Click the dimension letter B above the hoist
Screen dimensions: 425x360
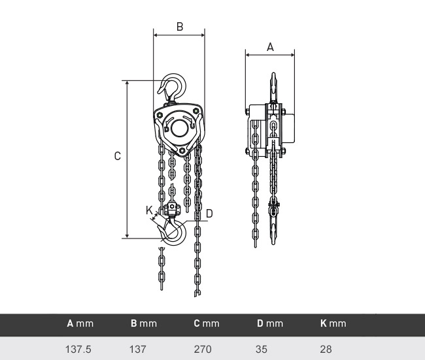[180, 27]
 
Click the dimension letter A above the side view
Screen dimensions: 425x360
[270, 47]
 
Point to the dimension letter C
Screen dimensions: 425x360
[117, 156]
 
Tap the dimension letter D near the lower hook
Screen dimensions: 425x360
[209, 214]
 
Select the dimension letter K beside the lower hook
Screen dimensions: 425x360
[149, 210]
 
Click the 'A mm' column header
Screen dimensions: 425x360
[80, 323]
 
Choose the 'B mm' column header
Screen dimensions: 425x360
[144, 323]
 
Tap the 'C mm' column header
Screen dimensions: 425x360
[207, 323]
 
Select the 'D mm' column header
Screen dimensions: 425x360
[270, 323]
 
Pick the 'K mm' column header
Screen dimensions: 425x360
[333, 323]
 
